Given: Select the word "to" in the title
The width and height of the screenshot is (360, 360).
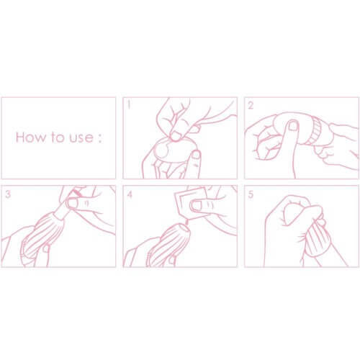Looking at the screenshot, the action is pos(58,138).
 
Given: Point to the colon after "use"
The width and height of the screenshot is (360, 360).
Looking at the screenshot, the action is pos(99,139).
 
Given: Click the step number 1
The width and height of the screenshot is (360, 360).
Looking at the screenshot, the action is pos(129,105).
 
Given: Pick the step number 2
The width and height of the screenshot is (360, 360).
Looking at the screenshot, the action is pos(251,105).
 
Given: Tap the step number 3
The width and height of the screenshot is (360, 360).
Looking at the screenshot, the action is pos(8,194).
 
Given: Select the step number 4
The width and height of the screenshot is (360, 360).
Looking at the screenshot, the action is pos(130,194).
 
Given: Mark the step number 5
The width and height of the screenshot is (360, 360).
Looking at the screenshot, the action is pos(251,194).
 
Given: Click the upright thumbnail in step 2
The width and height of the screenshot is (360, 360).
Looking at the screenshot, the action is pos(292,125).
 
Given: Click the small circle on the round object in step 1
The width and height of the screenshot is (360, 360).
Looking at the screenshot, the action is pos(162,150).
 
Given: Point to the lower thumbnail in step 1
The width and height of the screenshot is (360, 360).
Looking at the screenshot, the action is pos(196,155).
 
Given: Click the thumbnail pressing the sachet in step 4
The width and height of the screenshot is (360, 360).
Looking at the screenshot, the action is pos(196,205).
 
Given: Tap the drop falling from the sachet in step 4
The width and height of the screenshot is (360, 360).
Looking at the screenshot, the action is pos(186,222).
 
